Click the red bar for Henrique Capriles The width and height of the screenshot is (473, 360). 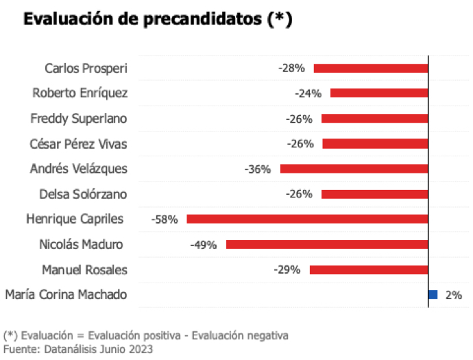(307, 219)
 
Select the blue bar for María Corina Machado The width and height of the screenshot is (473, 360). (433, 295)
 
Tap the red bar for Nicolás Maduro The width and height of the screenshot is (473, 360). (327, 244)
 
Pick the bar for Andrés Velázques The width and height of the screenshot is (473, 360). (354, 169)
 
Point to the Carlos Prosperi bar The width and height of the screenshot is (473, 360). (371, 68)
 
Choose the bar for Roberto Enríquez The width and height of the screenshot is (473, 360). (379, 93)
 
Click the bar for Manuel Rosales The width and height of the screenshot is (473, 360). (369, 269)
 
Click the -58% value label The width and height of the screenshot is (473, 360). (165, 219)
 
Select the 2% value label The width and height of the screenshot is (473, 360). (453, 295)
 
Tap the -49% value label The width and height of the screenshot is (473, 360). (204, 245)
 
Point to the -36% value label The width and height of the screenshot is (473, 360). (258, 169)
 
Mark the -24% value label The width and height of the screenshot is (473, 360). (308, 93)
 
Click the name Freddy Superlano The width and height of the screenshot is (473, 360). (79, 119)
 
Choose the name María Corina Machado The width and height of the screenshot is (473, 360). (66, 295)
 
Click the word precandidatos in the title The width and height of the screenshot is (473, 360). (199, 20)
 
